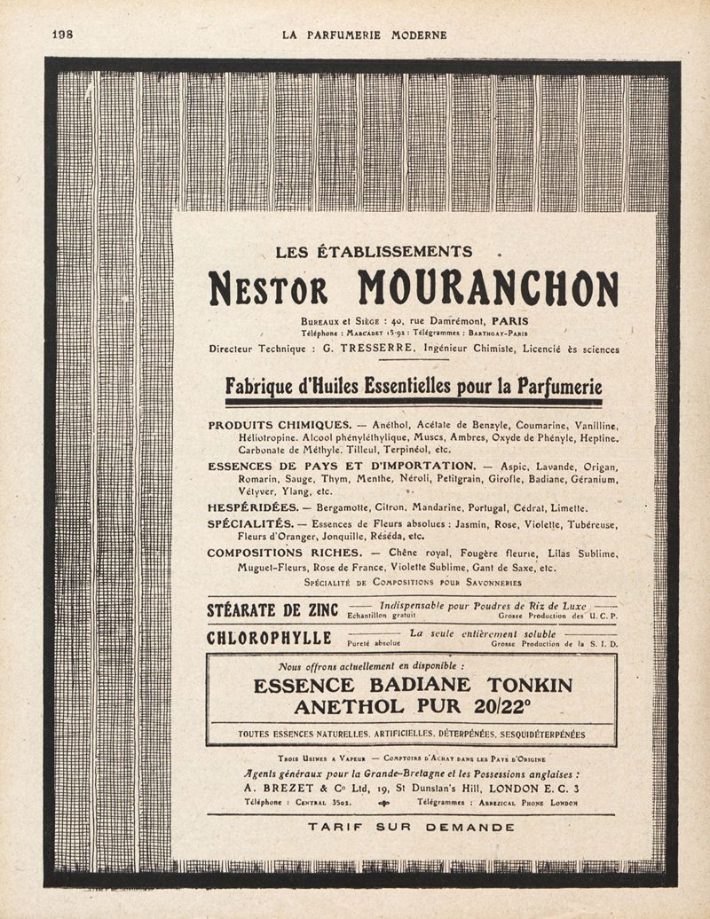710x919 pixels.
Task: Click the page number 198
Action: coord(62,35)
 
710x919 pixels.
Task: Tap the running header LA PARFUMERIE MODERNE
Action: coord(364,35)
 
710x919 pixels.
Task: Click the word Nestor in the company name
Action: coord(267,288)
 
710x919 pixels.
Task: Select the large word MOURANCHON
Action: coord(488,287)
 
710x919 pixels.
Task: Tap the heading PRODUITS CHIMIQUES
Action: coord(280,426)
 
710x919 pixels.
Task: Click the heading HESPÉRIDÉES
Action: coord(254,508)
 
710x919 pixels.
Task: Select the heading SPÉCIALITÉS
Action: coord(251,524)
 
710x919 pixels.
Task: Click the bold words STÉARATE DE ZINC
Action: coord(266,610)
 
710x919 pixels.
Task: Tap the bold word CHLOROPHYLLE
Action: coord(269,639)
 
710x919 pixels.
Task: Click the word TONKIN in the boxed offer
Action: coord(524,685)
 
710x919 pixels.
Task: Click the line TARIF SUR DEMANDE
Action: coord(411,827)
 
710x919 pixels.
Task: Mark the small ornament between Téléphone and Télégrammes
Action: coord(383,803)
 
